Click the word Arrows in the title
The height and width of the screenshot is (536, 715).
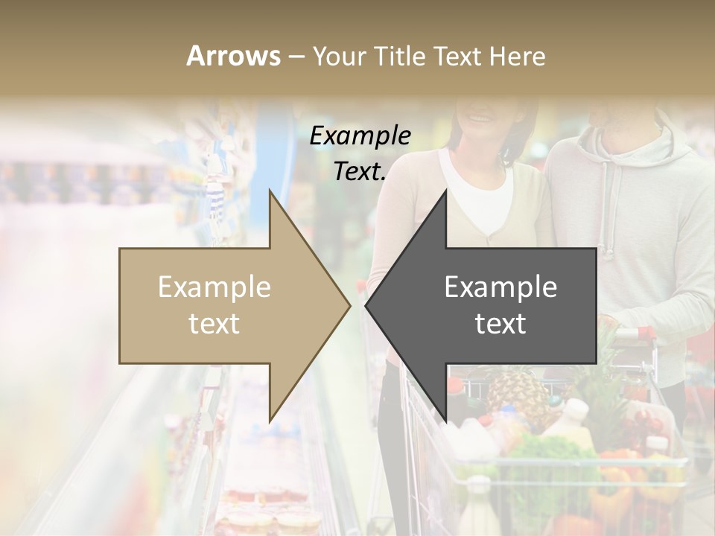(233, 56)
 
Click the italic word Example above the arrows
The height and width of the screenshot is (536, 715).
(360, 136)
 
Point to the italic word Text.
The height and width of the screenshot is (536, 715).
(360, 172)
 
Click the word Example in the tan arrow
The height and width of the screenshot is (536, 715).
(214, 287)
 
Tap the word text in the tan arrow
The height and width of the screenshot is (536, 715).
(214, 324)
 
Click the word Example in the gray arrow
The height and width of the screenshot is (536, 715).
(500, 287)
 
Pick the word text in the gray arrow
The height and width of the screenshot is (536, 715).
(500, 324)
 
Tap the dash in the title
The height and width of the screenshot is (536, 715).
(296, 56)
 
